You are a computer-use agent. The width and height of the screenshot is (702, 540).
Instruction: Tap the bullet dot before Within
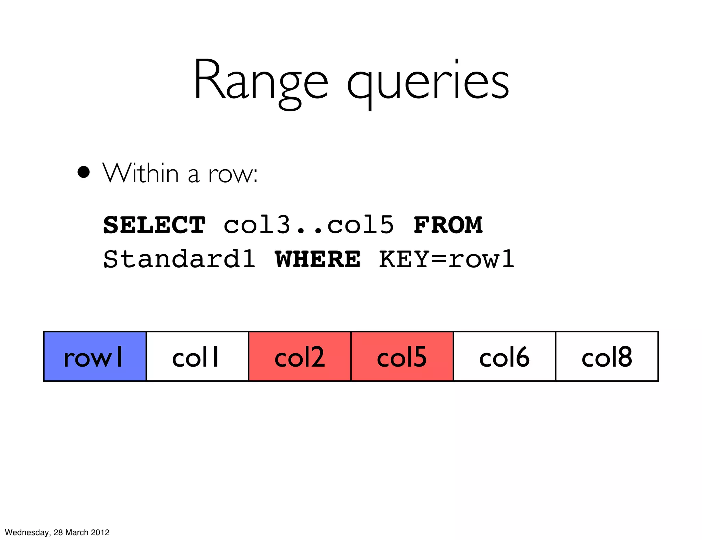[83, 172]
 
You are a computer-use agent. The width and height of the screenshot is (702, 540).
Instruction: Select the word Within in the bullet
[141, 173]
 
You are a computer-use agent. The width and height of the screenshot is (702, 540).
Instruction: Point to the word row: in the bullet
[233, 174]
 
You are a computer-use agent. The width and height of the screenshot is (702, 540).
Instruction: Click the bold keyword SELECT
[154, 225]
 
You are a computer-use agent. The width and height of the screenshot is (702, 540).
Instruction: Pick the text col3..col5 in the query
[308, 225]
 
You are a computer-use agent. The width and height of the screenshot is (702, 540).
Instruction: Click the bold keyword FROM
[448, 225]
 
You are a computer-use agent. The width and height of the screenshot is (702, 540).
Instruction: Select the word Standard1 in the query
[179, 259]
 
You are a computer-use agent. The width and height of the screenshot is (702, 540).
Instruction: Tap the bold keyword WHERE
[317, 259]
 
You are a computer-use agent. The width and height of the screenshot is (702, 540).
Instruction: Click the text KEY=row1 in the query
[447, 259]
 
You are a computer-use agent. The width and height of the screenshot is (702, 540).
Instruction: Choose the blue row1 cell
[95, 356]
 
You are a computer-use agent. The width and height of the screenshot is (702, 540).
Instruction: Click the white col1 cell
[197, 356]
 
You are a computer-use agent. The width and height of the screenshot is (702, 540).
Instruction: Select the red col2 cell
[300, 356]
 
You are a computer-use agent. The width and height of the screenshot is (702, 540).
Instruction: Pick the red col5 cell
[402, 356]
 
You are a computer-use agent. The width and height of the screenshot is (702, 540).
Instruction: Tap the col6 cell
[504, 356]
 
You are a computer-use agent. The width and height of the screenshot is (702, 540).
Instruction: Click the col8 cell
[607, 356]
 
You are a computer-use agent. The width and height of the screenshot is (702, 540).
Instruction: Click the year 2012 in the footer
[100, 532]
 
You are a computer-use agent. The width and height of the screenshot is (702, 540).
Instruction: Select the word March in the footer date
[77, 532]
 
